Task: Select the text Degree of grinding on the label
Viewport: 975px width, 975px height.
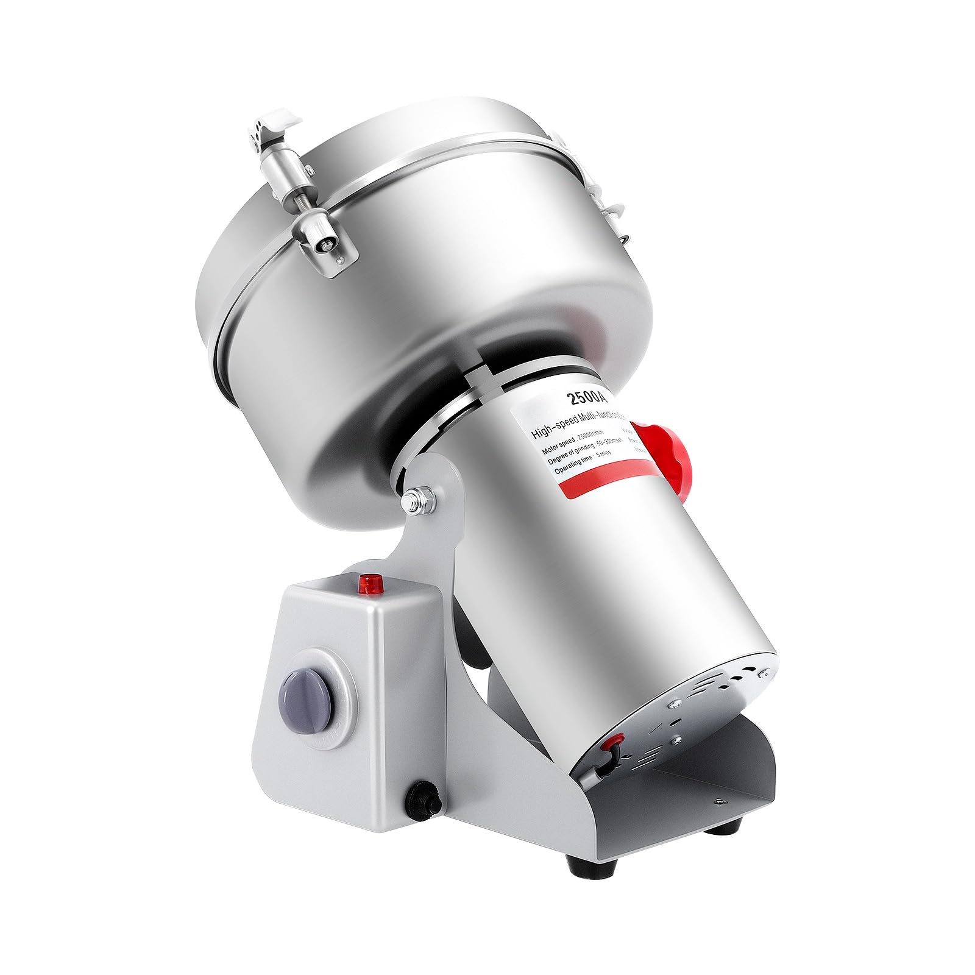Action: click(x=563, y=462)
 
